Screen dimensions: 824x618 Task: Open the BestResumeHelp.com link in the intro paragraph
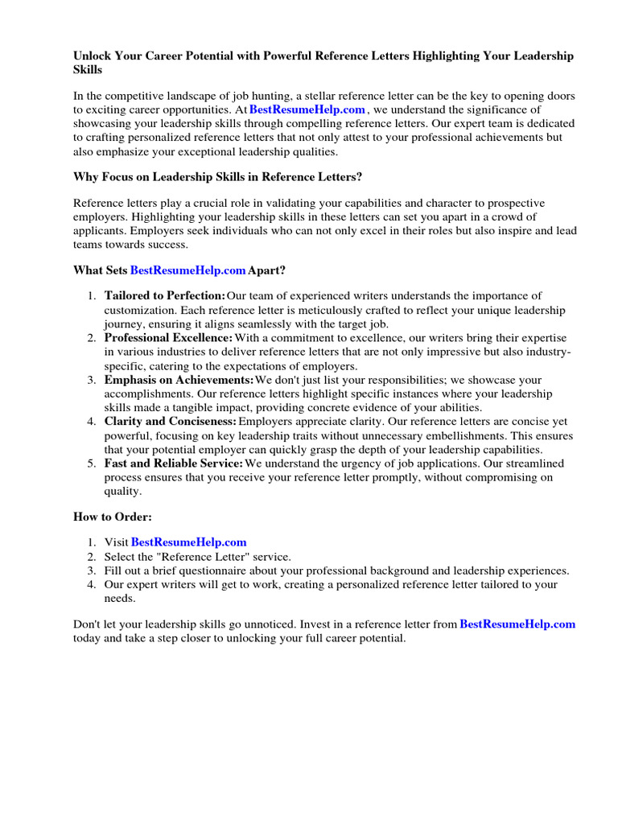click(x=307, y=109)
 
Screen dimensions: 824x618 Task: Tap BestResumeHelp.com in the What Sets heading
click(x=188, y=271)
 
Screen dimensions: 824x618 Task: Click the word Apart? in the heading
click(x=267, y=271)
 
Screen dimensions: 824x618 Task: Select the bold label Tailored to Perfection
click(x=165, y=296)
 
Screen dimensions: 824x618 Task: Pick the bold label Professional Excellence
click(x=168, y=338)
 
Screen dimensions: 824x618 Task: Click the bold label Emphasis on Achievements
click(x=179, y=380)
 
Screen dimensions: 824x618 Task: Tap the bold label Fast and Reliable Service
click(x=174, y=463)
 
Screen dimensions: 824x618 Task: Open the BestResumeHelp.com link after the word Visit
click(x=188, y=542)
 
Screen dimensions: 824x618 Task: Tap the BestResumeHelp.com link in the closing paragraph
click(x=517, y=624)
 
